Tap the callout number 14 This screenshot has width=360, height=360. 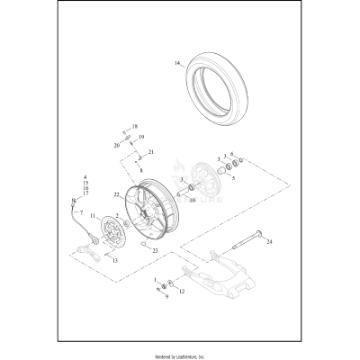point(178,64)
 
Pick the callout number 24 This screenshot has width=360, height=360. point(270,241)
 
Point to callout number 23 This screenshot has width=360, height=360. point(155,250)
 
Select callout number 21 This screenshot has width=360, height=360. point(152,151)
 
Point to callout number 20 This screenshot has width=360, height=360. point(117,144)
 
